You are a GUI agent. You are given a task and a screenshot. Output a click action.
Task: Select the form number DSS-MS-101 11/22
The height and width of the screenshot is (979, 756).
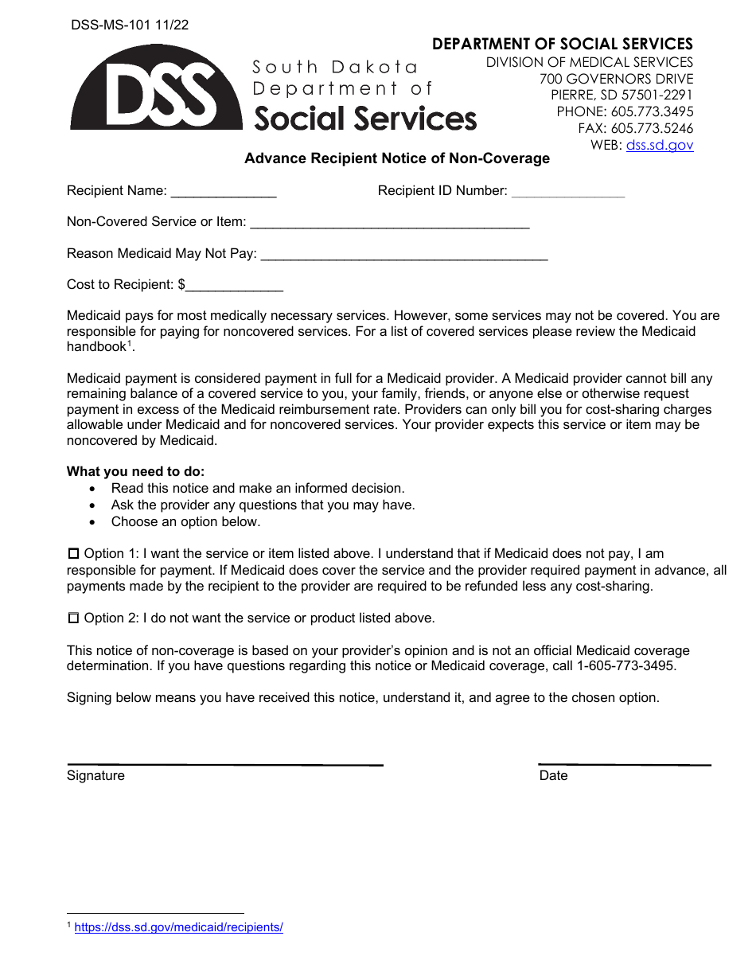click(x=130, y=25)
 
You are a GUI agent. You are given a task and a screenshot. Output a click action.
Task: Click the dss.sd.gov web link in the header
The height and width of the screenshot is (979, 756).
click(x=660, y=145)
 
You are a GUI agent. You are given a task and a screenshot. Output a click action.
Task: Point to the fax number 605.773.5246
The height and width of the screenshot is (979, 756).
click(x=652, y=128)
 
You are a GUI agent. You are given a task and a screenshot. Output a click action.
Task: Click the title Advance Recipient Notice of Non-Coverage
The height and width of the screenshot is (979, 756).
click(x=396, y=158)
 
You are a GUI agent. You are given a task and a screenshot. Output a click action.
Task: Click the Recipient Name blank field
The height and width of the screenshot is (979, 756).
click(x=224, y=192)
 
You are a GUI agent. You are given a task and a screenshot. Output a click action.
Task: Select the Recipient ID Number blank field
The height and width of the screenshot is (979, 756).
click(x=568, y=192)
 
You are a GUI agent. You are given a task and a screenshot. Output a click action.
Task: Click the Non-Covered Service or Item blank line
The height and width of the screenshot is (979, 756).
click(x=389, y=224)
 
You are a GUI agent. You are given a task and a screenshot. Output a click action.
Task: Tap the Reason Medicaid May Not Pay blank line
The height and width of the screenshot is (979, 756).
click(x=403, y=255)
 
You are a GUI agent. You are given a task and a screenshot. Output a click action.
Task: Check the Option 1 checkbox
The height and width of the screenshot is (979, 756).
click(x=74, y=553)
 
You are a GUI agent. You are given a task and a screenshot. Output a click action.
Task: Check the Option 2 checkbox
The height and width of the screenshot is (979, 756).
click(x=74, y=618)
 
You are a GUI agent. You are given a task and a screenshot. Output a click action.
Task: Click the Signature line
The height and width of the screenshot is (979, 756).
click(x=224, y=764)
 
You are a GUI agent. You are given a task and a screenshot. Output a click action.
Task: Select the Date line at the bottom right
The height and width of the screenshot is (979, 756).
click(x=625, y=764)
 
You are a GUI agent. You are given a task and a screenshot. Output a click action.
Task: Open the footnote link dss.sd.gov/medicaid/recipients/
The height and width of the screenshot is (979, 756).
click(x=178, y=927)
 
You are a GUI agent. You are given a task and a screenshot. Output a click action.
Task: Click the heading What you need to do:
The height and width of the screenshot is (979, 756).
click(x=135, y=471)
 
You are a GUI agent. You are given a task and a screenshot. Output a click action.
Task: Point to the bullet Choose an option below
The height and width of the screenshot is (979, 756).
click(x=185, y=522)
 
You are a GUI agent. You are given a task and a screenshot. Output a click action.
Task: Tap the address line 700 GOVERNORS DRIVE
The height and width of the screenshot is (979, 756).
click(x=616, y=79)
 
